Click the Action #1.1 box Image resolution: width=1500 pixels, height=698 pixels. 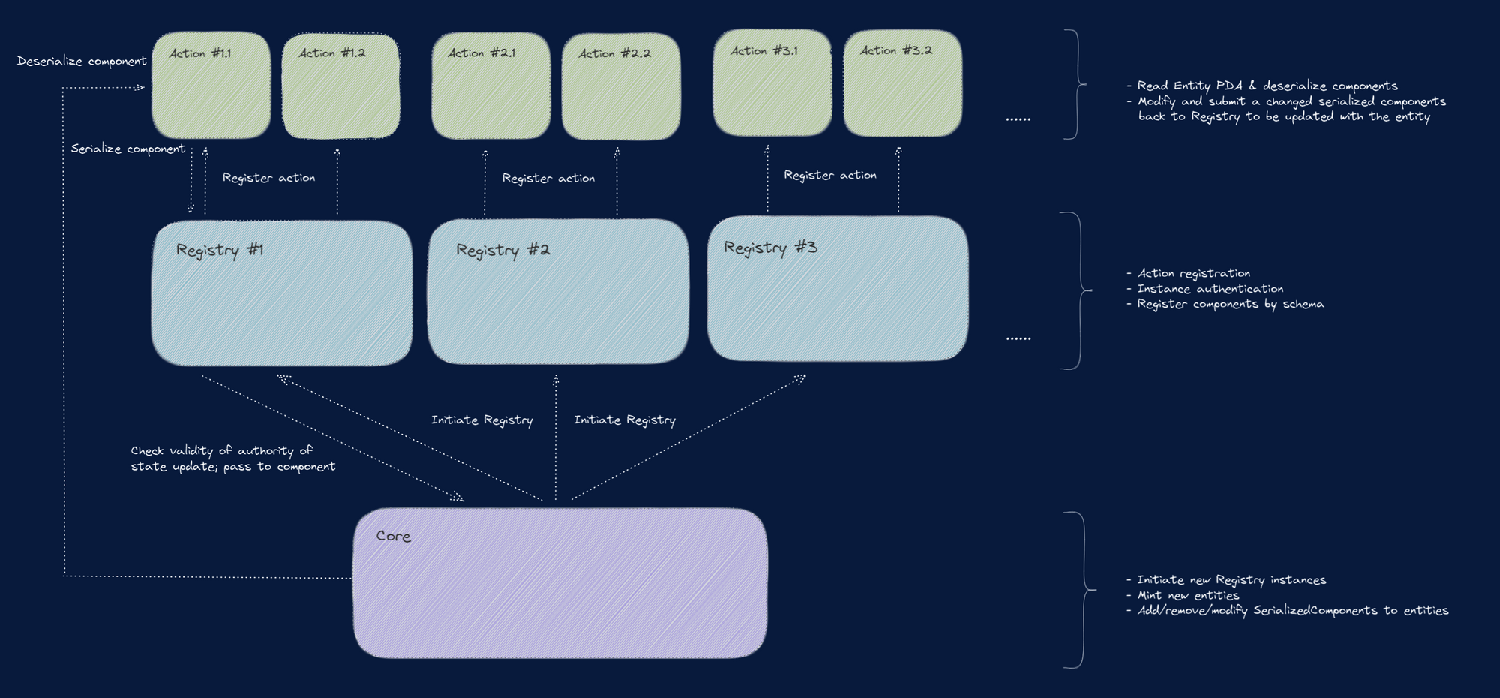211,85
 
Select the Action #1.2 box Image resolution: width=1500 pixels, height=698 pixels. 340,86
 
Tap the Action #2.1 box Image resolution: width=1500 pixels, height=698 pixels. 490,86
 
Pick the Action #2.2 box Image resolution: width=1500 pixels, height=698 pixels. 621,86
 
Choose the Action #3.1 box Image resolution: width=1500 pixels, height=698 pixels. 772,83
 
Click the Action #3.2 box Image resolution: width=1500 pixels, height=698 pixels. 902,83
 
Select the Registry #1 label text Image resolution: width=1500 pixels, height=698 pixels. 220,250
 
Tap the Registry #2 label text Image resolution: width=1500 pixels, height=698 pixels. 502,250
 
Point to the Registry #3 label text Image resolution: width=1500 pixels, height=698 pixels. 770,248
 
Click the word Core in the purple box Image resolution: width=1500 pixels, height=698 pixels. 393,536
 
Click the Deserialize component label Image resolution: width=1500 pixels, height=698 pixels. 82,61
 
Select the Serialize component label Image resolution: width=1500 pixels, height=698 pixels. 127,149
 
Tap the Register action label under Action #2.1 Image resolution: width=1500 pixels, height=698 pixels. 548,178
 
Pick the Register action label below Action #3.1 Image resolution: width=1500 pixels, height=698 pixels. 829,175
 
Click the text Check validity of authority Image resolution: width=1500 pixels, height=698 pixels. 221,450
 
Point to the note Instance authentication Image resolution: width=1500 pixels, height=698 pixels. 1210,289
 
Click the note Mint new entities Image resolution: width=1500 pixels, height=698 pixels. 1188,595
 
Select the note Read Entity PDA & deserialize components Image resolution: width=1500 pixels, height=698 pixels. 1267,86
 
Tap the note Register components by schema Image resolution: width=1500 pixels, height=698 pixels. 1230,304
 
